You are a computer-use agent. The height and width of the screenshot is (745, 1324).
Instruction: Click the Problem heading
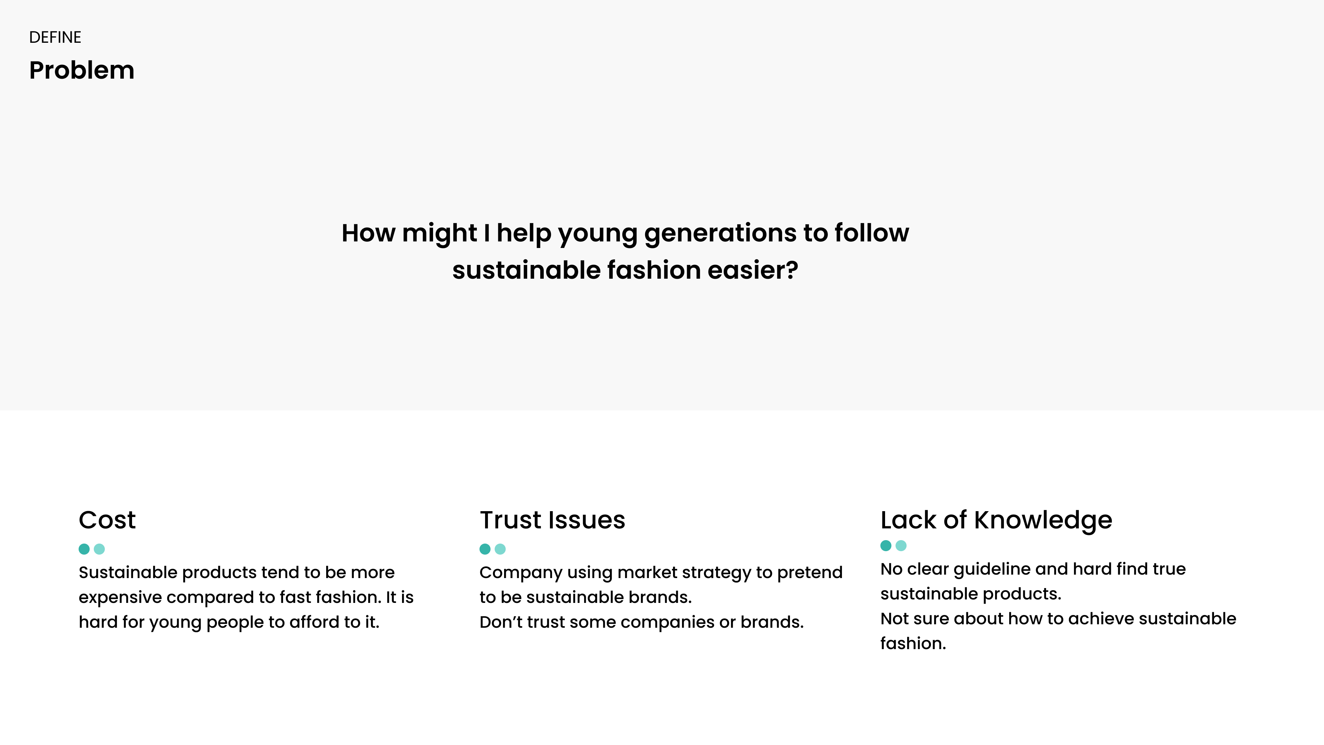pos(82,70)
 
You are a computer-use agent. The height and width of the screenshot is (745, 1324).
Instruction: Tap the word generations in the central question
pos(721,234)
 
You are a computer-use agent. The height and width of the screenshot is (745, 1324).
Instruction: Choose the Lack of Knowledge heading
pos(996,521)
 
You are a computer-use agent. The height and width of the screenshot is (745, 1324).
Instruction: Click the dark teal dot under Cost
pos(84,549)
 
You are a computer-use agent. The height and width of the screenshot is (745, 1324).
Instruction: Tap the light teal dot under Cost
pos(100,549)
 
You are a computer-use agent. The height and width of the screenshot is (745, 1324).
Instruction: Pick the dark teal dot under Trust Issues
pos(485,549)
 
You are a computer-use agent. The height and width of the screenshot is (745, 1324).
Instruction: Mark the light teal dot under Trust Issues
pos(500,549)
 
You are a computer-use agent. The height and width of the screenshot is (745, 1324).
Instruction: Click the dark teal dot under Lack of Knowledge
pos(886,546)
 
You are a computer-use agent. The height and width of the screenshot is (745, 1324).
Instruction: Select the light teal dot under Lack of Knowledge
pos(901,546)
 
